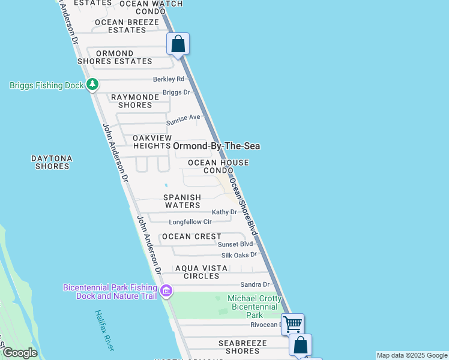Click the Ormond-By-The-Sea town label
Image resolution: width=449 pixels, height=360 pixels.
(x=216, y=146)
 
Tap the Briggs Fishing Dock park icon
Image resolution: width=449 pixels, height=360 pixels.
(x=92, y=85)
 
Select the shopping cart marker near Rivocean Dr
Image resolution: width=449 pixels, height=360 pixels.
(x=292, y=324)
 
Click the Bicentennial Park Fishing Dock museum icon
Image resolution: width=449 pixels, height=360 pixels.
(x=166, y=292)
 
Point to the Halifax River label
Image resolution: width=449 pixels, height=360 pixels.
(x=105, y=331)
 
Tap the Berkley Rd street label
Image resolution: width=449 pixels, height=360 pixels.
(x=168, y=79)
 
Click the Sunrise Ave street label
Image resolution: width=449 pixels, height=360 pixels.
(x=183, y=117)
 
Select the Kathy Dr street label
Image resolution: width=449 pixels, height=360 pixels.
(x=224, y=212)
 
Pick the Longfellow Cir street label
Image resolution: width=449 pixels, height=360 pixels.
(x=190, y=222)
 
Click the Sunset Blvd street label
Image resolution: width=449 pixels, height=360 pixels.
(x=235, y=244)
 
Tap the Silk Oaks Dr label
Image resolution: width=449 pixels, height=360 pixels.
(x=239, y=254)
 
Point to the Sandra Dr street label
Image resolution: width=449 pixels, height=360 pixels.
(x=255, y=284)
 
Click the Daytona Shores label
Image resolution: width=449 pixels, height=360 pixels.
(x=52, y=162)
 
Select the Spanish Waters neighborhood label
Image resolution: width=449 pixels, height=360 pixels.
(x=182, y=201)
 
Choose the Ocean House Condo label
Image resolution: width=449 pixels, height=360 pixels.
(x=218, y=166)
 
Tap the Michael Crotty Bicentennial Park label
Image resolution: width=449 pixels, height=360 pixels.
(x=255, y=307)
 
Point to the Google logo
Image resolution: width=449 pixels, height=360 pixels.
(x=19, y=353)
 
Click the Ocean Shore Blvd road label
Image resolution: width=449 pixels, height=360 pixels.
(x=244, y=207)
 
